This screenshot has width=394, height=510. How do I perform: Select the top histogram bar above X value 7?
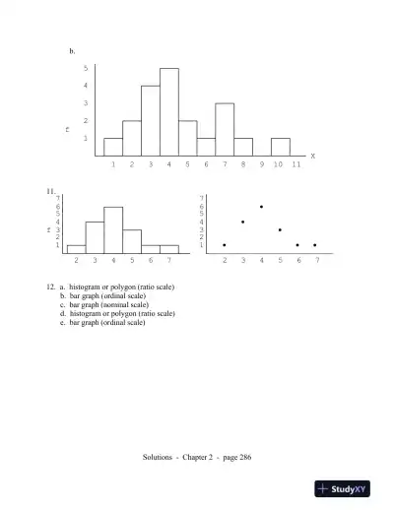tap(225, 129)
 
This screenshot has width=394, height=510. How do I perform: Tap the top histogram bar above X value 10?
tap(281, 147)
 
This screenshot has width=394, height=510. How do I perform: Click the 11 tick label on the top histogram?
tap(295, 164)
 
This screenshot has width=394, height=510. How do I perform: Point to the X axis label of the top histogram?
tap(312, 156)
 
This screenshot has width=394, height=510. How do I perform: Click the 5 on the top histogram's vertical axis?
tap(86, 68)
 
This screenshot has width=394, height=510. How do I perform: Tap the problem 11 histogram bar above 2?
tap(76, 249)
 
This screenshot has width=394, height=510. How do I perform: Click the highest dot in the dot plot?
tap(261, 207)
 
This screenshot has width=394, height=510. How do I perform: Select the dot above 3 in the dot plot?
tap(242, 222)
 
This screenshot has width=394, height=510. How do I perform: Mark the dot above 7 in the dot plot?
tap(315, 245)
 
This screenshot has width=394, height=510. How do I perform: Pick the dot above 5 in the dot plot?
tap(280, 229)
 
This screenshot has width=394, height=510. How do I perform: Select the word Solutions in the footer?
tap(159, 457)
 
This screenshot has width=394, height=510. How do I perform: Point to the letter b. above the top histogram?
tap(72, 49)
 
